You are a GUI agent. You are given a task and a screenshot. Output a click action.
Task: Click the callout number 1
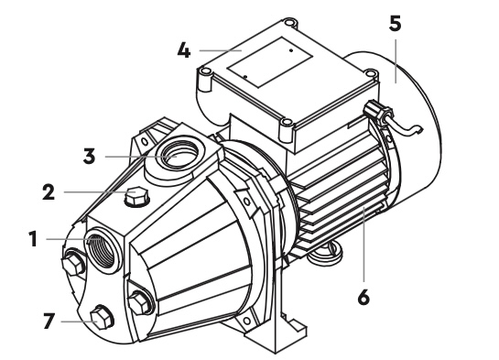pos(33,239)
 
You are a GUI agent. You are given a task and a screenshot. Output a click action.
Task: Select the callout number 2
pos(49,192)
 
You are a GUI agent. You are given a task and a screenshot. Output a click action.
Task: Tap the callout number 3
pos(89,157)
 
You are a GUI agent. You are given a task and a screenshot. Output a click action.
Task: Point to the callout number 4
pos(184,50)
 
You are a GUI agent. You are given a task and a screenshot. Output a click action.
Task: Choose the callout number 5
pos(395,24)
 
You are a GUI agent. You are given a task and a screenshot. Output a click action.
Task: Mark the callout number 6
pos(363,298)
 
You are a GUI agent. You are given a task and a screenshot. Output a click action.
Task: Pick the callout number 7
pos(49,321)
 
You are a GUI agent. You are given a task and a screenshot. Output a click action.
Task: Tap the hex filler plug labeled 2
pos(136,197)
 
